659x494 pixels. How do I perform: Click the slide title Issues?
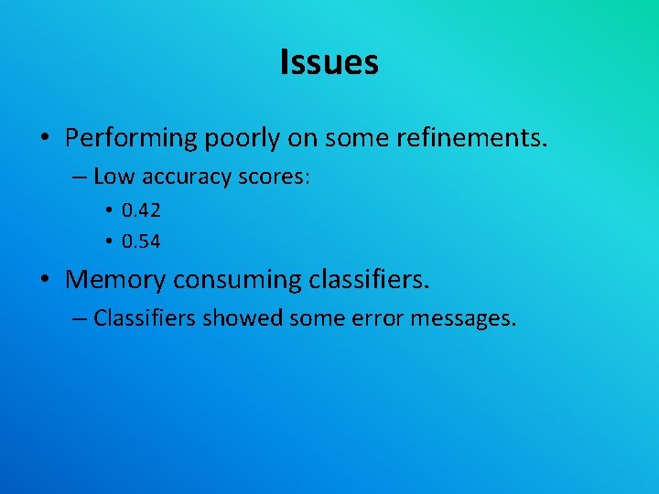[329, 62]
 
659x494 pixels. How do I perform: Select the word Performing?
[132, 138]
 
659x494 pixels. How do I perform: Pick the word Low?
[112, 177]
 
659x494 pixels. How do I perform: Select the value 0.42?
[142, 210]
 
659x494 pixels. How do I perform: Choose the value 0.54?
[142, 242]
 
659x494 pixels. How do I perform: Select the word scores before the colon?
[272, 177]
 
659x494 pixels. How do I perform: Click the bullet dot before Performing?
[45, 139]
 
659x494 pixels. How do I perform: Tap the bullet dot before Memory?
[45, 279]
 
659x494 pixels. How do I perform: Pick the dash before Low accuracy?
[79, 177]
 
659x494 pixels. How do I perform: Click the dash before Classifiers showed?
[79, 318]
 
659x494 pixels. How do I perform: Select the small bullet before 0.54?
[109, 242]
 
